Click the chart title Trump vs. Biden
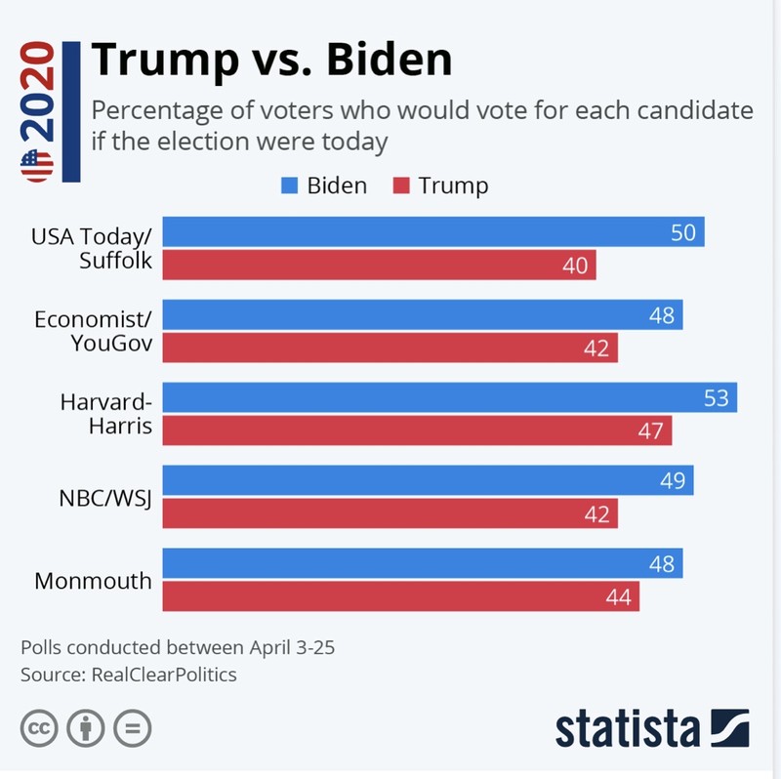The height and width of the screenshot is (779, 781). point(271,61)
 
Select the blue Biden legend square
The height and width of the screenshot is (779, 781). point(289,185)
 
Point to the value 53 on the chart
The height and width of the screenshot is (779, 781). point(718,398)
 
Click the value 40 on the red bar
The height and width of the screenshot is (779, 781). point(576,266)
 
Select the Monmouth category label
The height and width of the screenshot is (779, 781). point(93,581)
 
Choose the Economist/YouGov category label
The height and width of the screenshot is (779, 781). point(94,332)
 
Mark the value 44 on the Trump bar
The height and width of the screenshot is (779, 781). point(618,596)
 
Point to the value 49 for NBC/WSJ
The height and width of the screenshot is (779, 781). point(674,481)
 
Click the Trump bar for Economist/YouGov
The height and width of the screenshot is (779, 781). point(390,348)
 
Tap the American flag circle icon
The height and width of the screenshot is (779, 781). point(37,166)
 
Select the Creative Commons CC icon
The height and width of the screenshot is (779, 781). point(39,727)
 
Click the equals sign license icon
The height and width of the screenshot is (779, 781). point(133,727)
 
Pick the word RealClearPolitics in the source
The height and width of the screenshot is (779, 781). point(164,675)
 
